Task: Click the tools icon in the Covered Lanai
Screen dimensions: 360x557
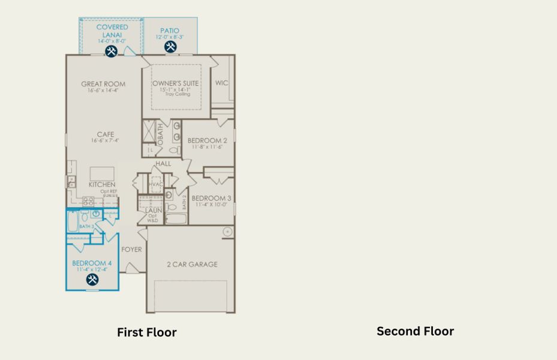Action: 111,51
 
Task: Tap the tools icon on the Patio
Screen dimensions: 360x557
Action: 170,46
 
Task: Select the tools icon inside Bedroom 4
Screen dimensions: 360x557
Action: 92,280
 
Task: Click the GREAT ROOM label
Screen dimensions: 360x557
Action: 103,84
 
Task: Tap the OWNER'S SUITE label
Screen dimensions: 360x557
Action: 176,83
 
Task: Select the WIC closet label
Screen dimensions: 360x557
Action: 222,83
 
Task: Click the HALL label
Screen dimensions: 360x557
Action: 163,163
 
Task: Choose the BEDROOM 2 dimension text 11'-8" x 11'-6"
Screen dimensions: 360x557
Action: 207,146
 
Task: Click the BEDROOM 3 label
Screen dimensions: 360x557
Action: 211,198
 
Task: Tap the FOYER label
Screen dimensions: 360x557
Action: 132,249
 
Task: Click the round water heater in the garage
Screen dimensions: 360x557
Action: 227,231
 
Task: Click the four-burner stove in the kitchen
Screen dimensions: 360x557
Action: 88,202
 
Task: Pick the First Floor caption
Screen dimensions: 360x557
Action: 146,332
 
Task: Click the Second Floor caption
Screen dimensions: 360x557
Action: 415,331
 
